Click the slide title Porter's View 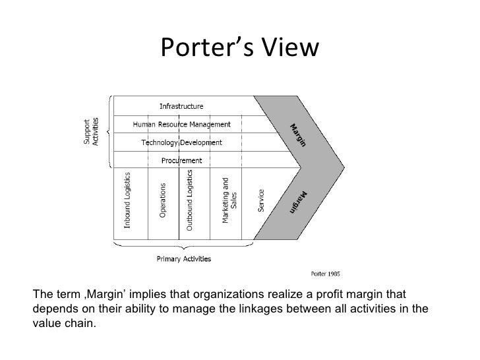(x=239, y=48)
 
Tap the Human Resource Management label (x=182, y=124)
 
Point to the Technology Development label (x=182, y=142)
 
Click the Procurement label (x=182, y=160)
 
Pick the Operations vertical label (x=163, y=200)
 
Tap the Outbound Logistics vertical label (x=189, y=200)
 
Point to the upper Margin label (x=297, y=136)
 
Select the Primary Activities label (x=184, y=259)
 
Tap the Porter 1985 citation (x=326, y=273)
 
